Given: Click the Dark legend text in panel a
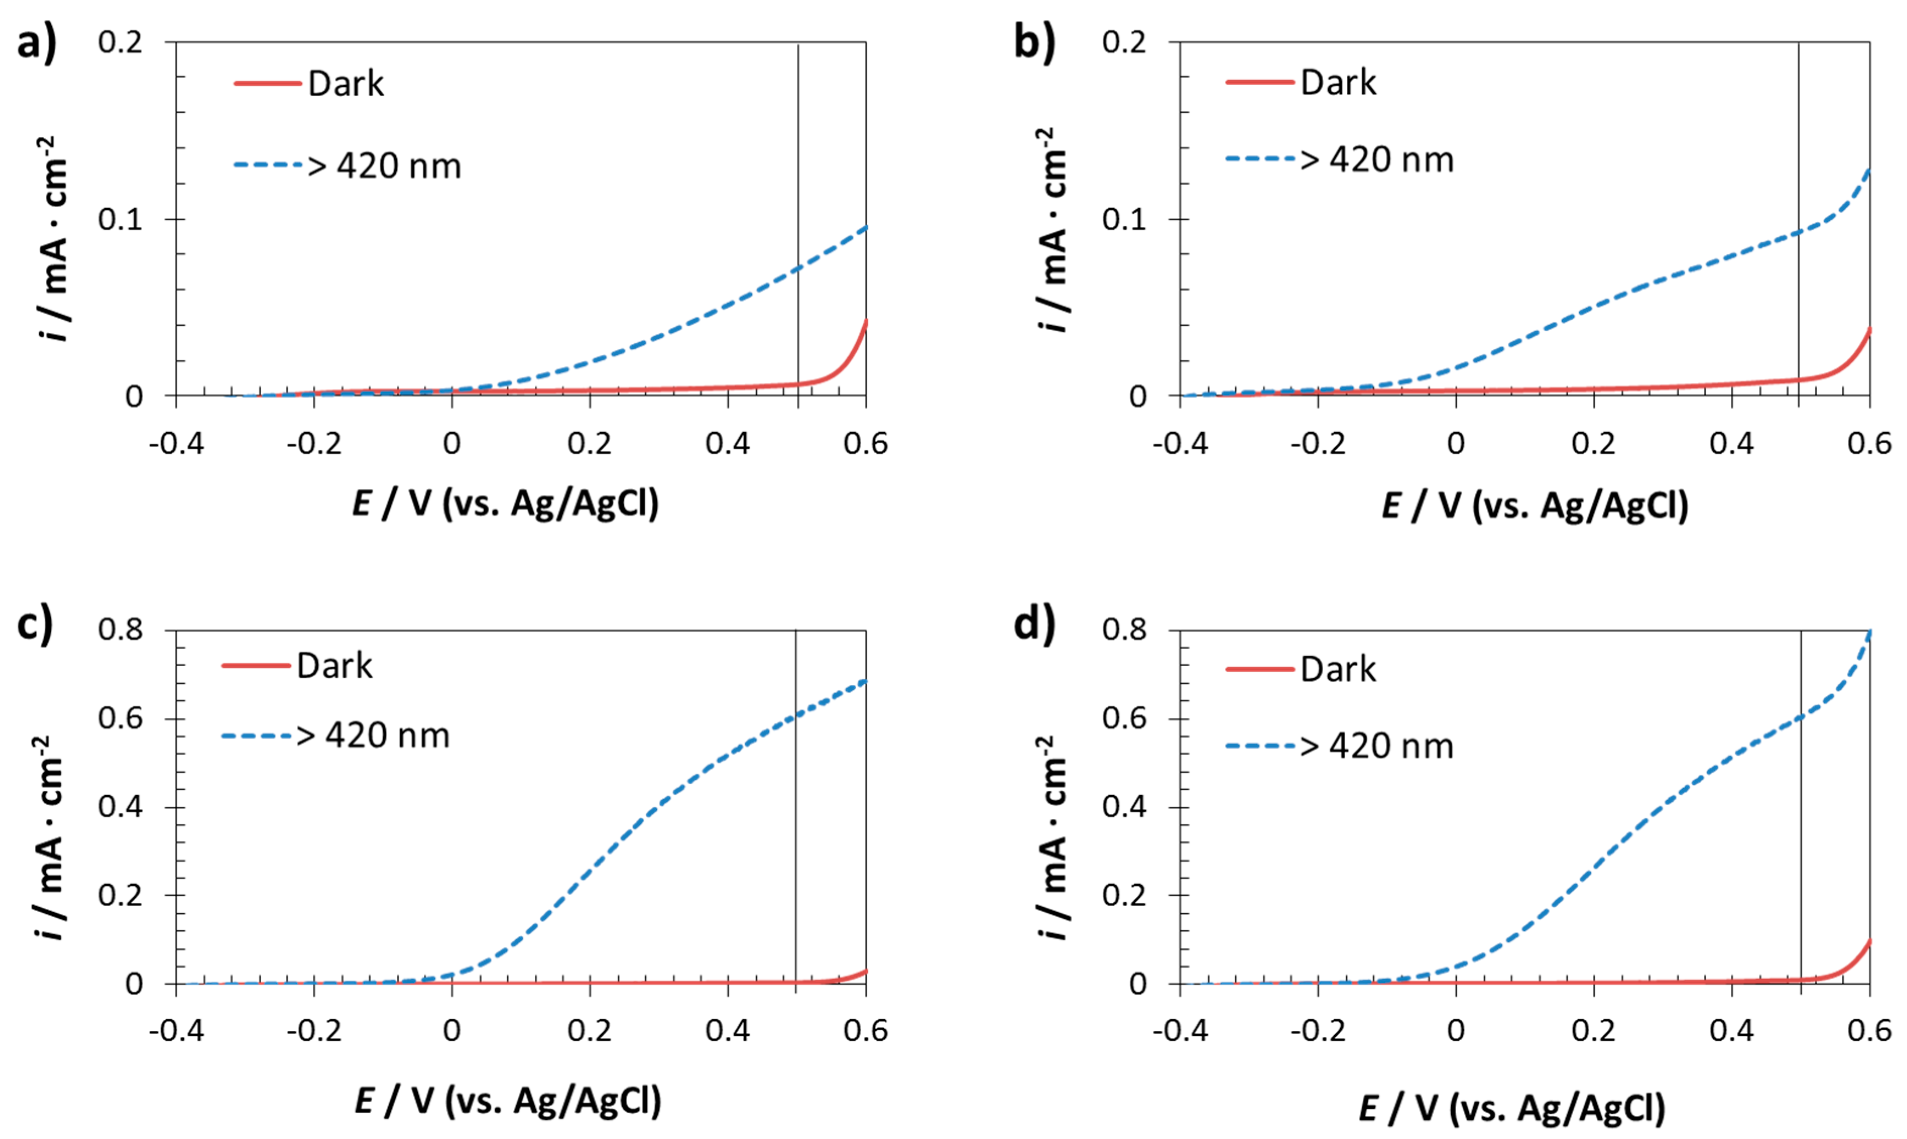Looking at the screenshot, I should pyautogui.click(x=345, y=83).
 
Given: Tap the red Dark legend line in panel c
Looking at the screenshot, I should pyautogui.click(x=256, y=665).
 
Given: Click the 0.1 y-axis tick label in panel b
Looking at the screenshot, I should pyautogui.click(x=1124, y=219).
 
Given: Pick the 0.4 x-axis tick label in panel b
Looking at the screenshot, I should pyautogui.click(x=1731, y=444).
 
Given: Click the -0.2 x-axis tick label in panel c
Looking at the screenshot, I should pyautogui.click(x=314, y=1030).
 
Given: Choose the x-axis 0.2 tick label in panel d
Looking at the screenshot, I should pyautogui.click(x=1593, y=1030).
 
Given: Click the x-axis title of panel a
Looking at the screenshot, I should pyautogui.click(x=506, y=504).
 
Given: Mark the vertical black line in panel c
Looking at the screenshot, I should pyautogui.click(x=796, y=806).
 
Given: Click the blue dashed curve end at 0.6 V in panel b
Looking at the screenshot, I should pyautogui.click(x=1868, y=170).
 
